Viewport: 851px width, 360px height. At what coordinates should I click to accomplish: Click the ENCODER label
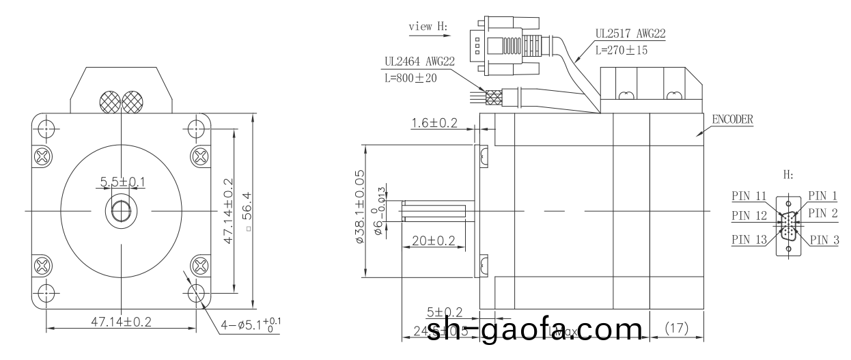click(733, 118)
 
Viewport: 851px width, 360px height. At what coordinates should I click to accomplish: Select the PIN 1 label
click(822, 196)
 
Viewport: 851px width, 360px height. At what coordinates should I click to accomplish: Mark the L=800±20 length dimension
click(410, 78)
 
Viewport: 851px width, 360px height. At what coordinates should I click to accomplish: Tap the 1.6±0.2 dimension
click(434, 124)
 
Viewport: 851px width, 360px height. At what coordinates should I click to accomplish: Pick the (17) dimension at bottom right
click(675, 329)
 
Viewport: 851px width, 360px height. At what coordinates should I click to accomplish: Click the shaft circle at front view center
click(121, 210)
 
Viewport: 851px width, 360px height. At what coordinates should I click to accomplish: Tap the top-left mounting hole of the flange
click(46, 129)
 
